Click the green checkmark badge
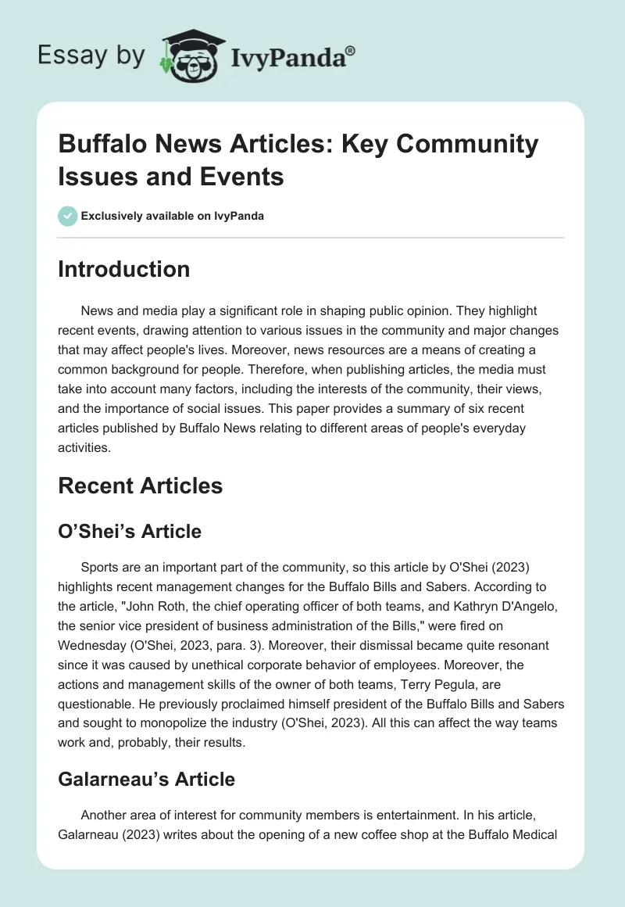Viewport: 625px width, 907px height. (x=67, y=216)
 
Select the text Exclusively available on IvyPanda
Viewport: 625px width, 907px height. (x=173, y=216)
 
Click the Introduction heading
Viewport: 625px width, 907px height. (x=124, y=270)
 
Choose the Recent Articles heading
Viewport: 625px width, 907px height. (x=141, y=486)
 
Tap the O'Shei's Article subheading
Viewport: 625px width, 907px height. (x=130, y=532)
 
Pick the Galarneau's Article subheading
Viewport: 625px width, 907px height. (x=147, y=779)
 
